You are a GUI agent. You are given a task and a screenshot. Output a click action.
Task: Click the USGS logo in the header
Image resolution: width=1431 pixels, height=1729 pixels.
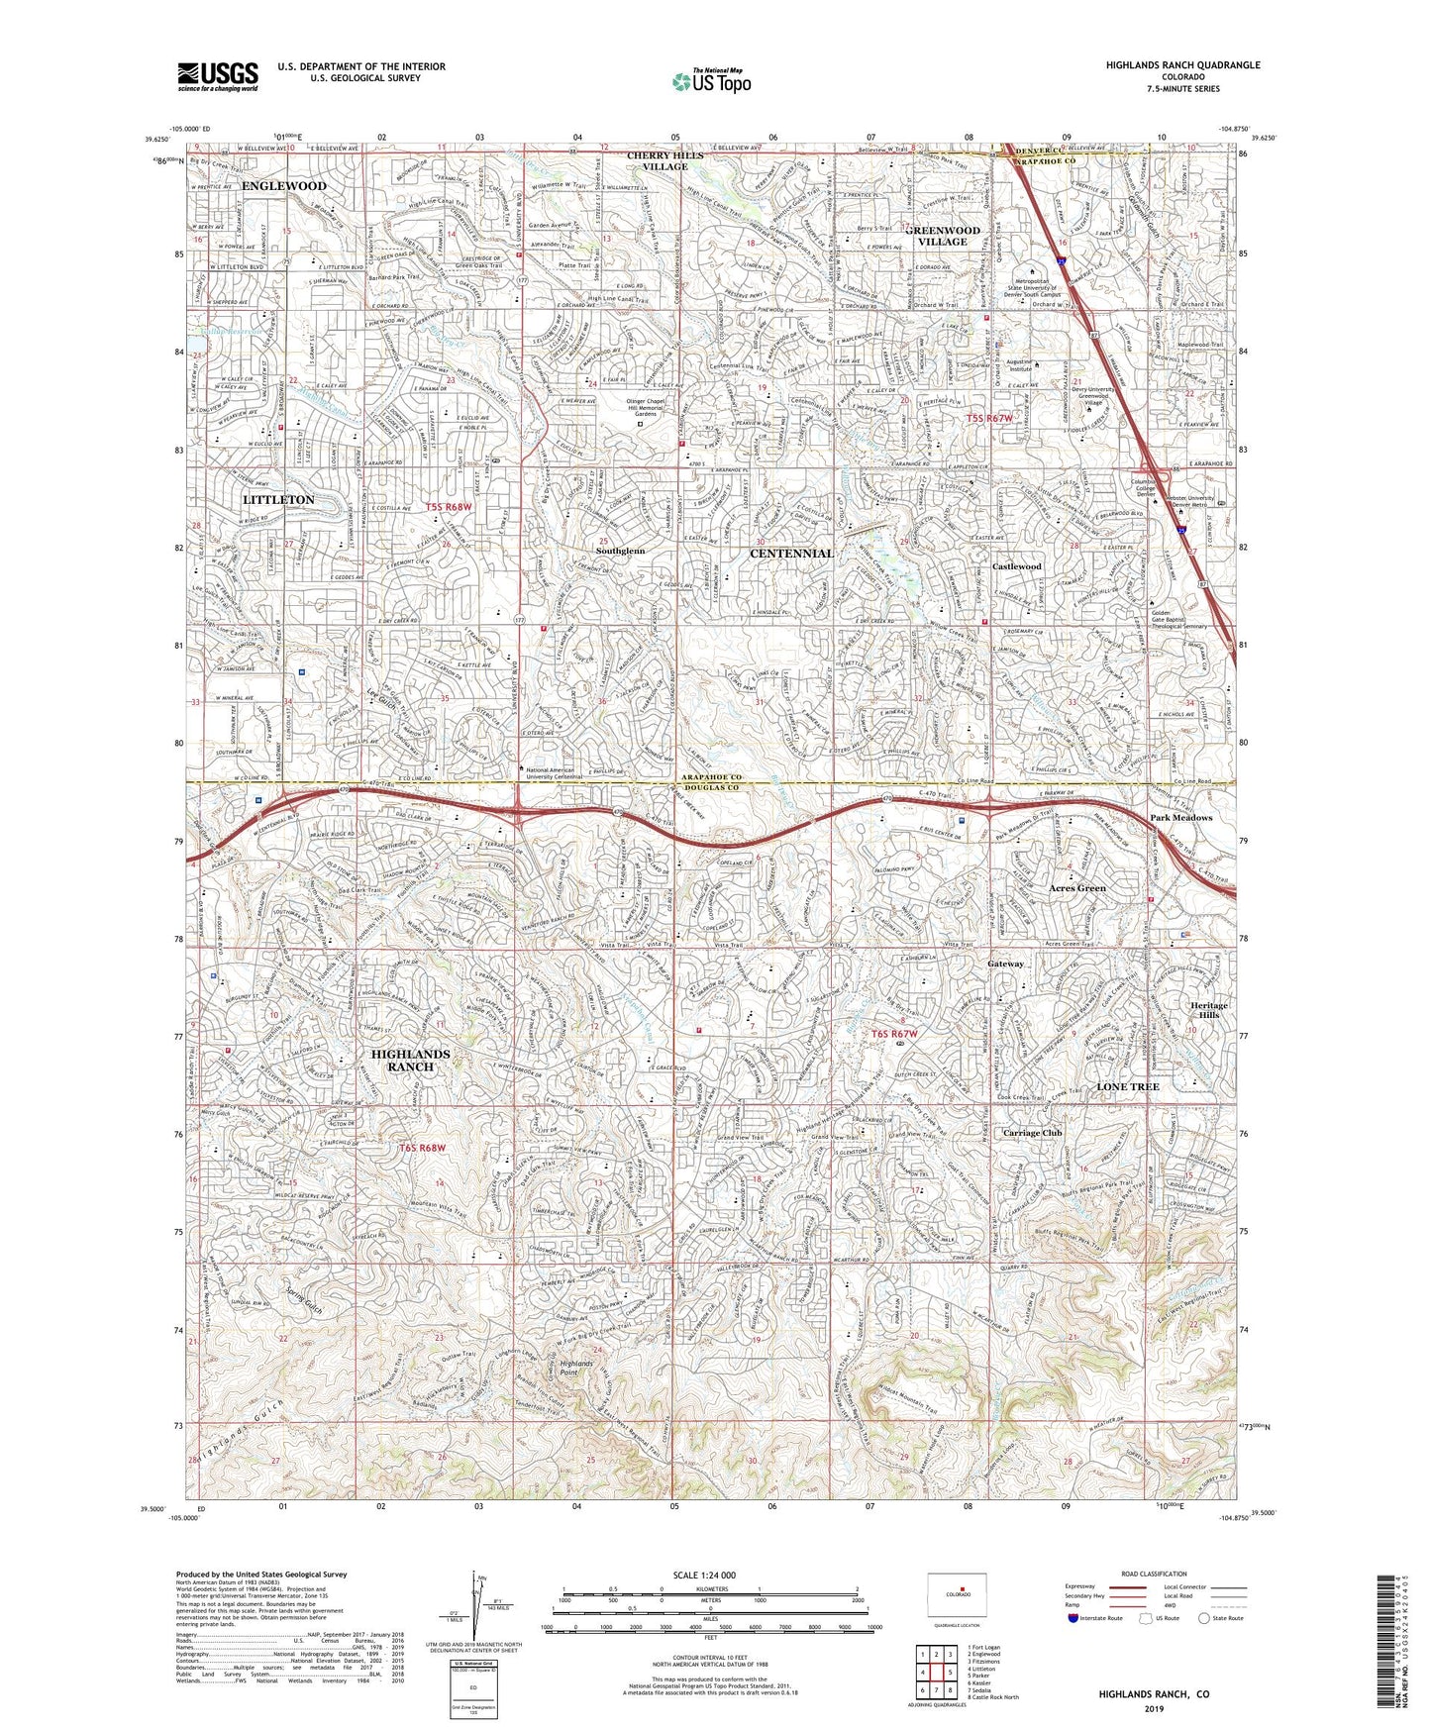click(217, 76)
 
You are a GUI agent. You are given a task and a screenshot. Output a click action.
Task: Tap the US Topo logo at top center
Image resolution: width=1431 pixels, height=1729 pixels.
click(709, 81)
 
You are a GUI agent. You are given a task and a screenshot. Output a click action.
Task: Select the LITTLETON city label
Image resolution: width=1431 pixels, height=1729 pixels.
click(278, 500)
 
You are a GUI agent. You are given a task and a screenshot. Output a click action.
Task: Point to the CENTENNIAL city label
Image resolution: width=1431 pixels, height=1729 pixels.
click(790, 554)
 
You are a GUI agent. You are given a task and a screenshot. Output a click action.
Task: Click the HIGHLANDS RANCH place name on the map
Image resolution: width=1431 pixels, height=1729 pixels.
click(410, 1060)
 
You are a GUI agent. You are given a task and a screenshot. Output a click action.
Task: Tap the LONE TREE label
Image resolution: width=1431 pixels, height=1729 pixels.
click(1128, 1086)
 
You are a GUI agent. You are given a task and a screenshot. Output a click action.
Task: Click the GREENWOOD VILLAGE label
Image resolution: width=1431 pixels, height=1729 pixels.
click(942, 236)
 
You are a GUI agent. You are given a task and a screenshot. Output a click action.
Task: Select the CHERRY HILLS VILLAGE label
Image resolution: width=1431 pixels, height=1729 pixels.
click(664, 161)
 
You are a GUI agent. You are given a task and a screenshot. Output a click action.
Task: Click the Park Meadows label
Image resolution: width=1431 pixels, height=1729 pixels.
click(1180, 818)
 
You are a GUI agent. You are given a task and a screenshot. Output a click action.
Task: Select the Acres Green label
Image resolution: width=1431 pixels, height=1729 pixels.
click(1077, 888)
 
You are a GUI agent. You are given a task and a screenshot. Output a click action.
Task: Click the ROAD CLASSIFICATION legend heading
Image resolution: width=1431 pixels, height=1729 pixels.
click(1127, 1574)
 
